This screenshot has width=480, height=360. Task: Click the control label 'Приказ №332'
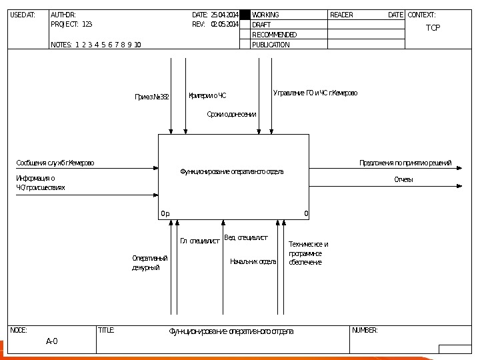(x=152, y=97)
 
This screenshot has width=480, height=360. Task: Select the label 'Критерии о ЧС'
(x=207, y=95)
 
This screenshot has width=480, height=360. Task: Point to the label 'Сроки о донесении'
(x=231, y=115)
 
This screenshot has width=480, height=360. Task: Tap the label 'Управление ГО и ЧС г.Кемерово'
(x=315, y=93)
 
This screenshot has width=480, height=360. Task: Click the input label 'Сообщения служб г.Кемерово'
(x=55, y=163)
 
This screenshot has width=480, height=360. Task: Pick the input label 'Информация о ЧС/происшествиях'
(x=41, y=183)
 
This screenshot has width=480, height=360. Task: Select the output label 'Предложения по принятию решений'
(x=405, y=163)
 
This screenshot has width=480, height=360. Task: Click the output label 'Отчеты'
(x=403, y=180)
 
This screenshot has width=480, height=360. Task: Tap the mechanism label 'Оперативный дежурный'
(x=150, y=263)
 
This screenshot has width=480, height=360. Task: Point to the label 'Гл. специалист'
(x=199, y=241)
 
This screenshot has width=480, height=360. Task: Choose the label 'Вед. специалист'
(x=246, y=237)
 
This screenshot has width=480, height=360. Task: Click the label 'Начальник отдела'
(x=253, y=261)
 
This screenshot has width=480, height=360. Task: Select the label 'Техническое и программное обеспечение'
(x=308, y=253)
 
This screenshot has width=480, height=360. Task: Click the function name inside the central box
(x=232, y=172)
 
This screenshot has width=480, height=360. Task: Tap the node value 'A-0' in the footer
(x=51, y=341)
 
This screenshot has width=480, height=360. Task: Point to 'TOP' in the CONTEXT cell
(x=433, y=28)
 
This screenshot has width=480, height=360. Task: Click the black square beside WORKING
(x=245, y=15)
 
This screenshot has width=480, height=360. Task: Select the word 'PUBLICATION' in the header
(x=271, y=45)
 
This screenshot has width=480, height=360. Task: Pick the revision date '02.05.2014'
(x=225, y=24)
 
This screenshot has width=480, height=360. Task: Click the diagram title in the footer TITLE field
(x=231, y=331)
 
